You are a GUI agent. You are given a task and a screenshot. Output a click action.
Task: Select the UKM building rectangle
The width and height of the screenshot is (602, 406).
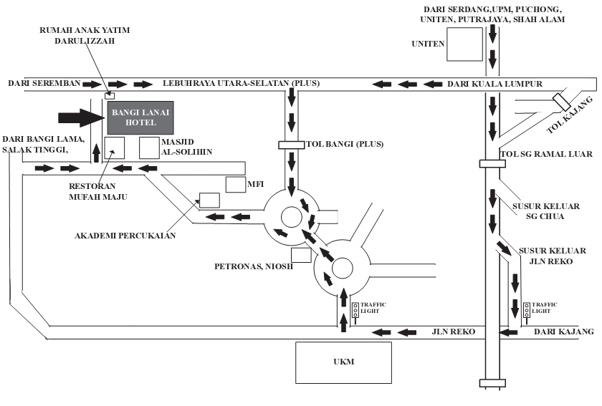tap(343, 363)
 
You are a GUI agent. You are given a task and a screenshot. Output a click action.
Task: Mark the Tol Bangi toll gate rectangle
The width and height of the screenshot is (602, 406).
tap(292, 145)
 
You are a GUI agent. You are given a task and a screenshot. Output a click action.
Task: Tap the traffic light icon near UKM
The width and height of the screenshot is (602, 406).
tap(355, 310)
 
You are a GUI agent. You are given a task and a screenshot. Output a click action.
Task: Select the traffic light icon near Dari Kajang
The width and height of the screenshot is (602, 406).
tap(527, 309)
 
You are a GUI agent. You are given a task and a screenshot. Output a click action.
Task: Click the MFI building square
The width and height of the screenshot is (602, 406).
tap(235, 184)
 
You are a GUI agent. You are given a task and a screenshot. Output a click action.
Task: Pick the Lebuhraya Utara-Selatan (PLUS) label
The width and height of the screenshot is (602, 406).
tap(242, 84)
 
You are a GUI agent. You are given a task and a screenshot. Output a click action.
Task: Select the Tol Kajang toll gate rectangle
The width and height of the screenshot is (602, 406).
tap(560, 102)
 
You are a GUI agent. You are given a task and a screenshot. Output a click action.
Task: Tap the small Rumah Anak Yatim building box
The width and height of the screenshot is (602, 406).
tap(110, 95)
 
